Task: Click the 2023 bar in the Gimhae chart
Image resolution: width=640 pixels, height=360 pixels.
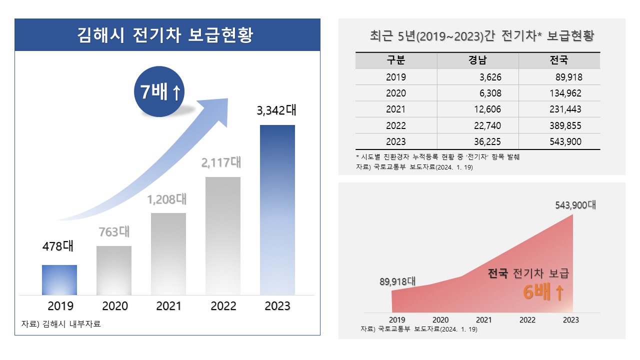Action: point(277,210)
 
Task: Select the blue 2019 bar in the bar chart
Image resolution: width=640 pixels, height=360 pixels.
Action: point(59,280)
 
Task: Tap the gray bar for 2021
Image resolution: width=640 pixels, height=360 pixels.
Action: point(168,254)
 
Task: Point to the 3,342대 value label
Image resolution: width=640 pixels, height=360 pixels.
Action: point(276,110)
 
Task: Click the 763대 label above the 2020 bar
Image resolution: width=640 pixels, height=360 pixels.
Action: point(113,232)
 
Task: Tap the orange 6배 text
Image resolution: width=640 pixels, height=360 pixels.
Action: point(543,292)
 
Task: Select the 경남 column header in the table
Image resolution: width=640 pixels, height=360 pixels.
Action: point(477,60)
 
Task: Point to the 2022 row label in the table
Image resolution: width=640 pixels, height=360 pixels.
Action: point(396,125)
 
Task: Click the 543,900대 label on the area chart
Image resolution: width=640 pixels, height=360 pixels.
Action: point(575,205)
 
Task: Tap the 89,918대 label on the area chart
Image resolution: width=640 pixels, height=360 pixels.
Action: point(397,281)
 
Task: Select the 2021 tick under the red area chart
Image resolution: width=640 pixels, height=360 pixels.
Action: point(483,320)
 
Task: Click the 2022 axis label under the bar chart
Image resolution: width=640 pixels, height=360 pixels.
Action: point(223,306)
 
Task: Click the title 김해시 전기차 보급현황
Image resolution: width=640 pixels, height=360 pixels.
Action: point(167,35)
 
